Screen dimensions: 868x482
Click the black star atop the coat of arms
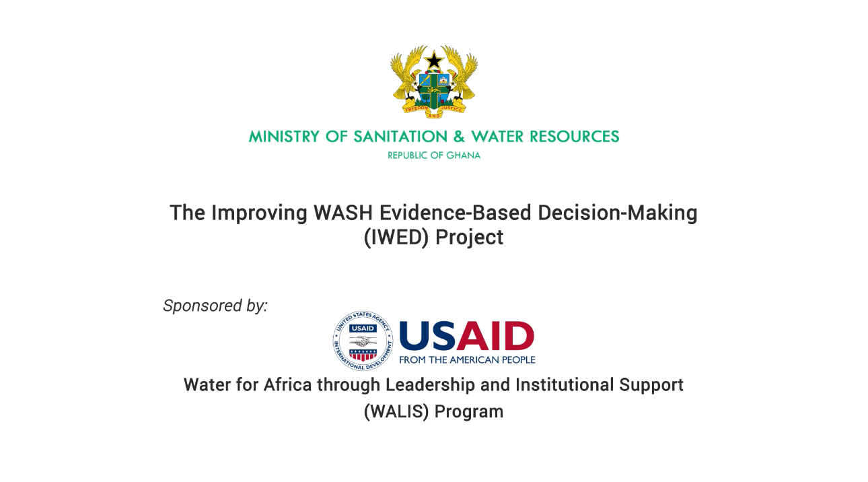point(434,61)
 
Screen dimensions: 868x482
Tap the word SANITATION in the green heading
point(400,137)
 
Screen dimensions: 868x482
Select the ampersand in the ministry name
point(459,137)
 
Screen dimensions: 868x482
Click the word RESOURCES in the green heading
point(574,137)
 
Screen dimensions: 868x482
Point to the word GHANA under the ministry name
point(464,156)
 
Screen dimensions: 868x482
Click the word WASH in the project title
point(343,213)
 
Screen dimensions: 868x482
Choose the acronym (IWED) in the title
point(396,238)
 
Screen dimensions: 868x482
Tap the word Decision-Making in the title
point(618,213)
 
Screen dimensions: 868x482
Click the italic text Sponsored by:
point(215,306)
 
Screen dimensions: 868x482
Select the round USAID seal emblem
point(363,341)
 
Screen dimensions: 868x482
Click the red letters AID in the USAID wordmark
point(495,336)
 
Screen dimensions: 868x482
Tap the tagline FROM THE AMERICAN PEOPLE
point(467,360)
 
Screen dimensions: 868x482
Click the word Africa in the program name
point(287,384)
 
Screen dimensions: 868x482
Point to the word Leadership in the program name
point(431,386)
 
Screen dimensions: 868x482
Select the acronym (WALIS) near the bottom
point(396,411)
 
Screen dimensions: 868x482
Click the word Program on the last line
point(469,412)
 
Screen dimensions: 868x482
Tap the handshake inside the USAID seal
point(363,341)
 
